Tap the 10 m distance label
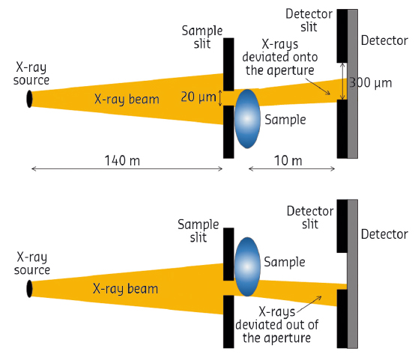pyautogui.click(x=286, y=160)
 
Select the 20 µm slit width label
pyautogui.click(x=197, y=97)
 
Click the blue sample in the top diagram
pyautogui.click(x=247, y=118)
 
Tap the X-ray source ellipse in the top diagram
pyautogui.click(x=30, y=98)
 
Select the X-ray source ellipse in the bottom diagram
pyautogui.click(x=30, y=288)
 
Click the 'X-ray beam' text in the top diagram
pyautogui.click(x=127, y=98)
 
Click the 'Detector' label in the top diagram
pyautogui.click(x=384, y=40)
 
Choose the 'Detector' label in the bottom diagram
pyautogui.click(x=384, y=234)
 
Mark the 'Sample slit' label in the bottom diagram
pyautogui.click(x=198, y=231)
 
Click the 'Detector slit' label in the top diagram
pyautogui.click(x=308, y=20)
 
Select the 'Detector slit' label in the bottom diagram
pyautogui.click(x=309, y=218)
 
